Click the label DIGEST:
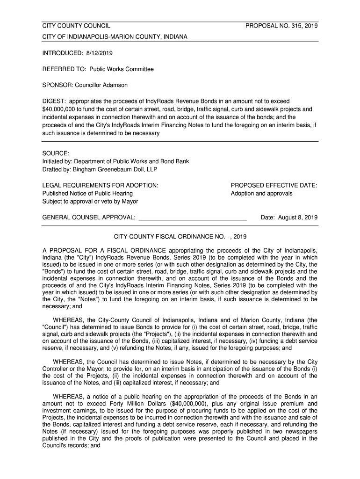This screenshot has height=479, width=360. coord(54,101)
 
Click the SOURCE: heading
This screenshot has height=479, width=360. coord(56,153)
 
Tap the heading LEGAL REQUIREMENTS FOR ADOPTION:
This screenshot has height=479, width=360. coord(100,185)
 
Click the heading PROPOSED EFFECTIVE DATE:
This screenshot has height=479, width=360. coord(274,185)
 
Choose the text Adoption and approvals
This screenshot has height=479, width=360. coord(261,193)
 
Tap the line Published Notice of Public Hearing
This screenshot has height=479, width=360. coord(87,193)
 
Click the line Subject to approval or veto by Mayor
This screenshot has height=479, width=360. coord(90,201)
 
